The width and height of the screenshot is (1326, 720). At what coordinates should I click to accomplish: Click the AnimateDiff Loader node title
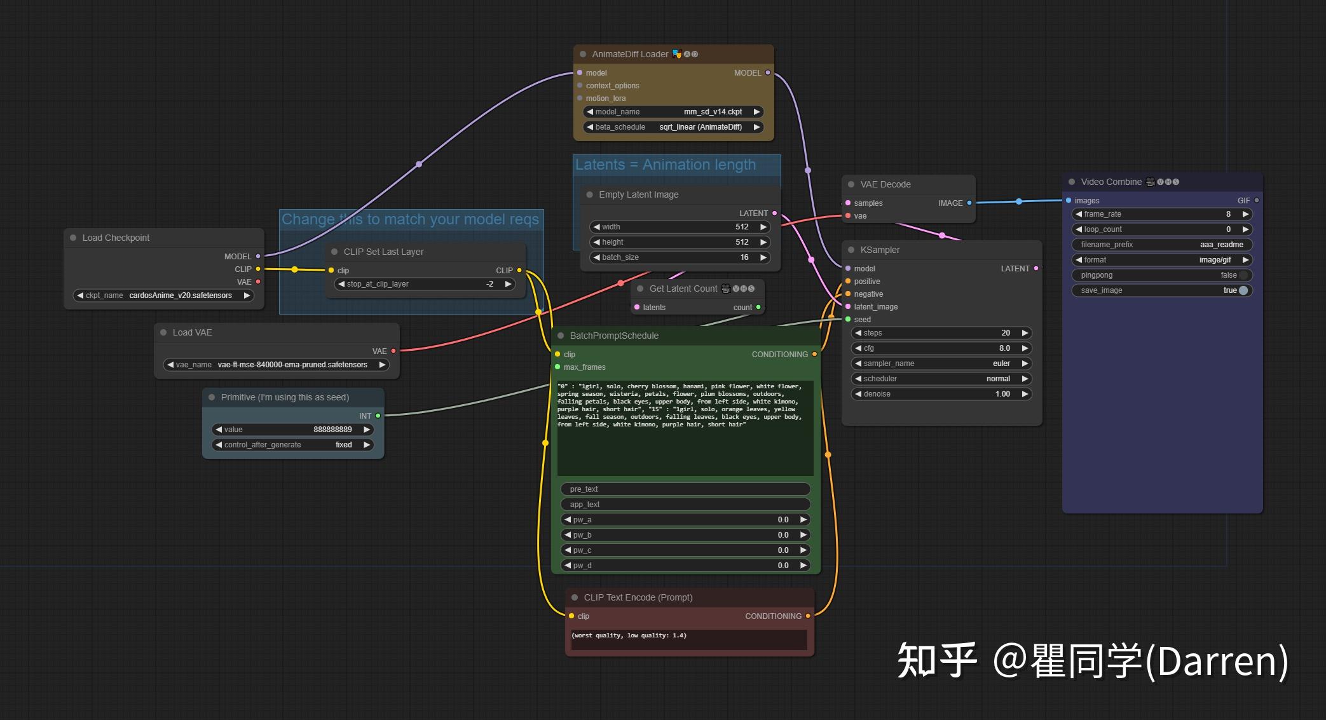[x=630, y=54]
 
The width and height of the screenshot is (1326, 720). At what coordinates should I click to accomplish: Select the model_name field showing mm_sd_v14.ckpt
[x=673, y=112]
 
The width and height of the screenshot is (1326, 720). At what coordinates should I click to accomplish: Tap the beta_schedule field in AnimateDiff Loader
[x=673, y=127]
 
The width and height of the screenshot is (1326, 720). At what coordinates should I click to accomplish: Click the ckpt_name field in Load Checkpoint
[x=163, y=295]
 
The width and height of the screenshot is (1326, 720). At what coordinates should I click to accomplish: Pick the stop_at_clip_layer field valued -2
[x=424, y=284]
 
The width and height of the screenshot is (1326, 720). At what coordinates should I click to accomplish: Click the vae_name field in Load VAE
[x=277, y=365]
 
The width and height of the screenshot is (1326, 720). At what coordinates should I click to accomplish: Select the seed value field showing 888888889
[x=292, y=430]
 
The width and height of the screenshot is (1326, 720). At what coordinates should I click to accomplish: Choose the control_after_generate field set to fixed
[x=292, y=445]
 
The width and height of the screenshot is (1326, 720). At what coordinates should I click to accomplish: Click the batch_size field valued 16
[x=680, y=257]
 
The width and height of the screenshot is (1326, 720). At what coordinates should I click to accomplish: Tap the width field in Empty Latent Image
[x=680, y=227]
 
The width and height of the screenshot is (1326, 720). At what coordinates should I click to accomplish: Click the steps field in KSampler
[x=941, y=333]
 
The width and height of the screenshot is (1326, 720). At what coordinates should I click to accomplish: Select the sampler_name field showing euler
[x=941, y=363]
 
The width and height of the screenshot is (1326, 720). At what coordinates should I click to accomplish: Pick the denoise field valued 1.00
[x=941, y=394]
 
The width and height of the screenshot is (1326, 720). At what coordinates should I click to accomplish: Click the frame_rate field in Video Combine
[x=1161, y=214]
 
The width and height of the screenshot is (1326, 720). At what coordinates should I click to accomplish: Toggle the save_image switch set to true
[x=1243, y=290]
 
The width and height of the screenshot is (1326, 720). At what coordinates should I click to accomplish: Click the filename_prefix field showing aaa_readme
[x=1161, y=245]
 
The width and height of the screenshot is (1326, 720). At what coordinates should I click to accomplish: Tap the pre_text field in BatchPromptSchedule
[x=685, y=489]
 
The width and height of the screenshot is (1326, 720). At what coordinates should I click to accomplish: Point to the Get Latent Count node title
[x=683, y=289]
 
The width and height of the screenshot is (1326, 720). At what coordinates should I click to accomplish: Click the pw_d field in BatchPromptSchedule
[x=685, y=566]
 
